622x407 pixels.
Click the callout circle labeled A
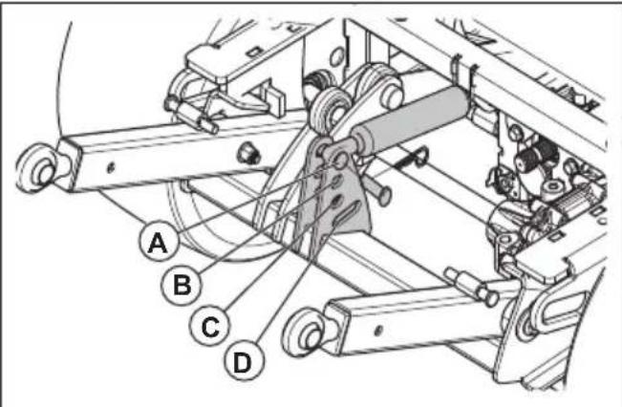(x=159, y=241)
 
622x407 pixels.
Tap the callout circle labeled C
(x=210, y=327)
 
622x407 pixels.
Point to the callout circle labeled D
(x=243, y=361)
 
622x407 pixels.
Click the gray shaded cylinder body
(x=413, y=119)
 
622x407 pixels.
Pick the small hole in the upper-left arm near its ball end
(x=111, y=168)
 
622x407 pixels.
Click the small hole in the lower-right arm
(x=377, y=329)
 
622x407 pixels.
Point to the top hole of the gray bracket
(x=341, y=160)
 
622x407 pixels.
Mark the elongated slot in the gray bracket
(x=346, y=215)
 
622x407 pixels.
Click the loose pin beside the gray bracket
(x=377, y=189)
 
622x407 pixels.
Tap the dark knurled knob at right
(x=536, y=156)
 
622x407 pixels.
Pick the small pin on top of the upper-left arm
(x=192, y=116)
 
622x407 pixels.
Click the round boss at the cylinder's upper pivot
(x=390, y=95)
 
